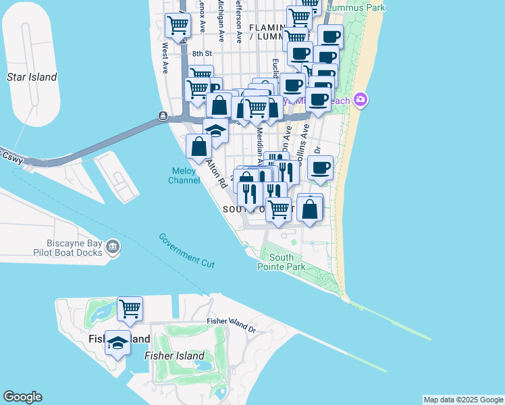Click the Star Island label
pos(32,77)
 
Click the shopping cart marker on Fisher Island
pos(130,309)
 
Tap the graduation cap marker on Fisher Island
pos(118,344)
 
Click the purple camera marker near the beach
pos(360,100)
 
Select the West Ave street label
pos(165,58)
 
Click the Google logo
pos(22,397)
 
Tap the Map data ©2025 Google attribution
pos(463,400)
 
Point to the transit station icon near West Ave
pos(163,116)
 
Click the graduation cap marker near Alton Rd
pos(215,131)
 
